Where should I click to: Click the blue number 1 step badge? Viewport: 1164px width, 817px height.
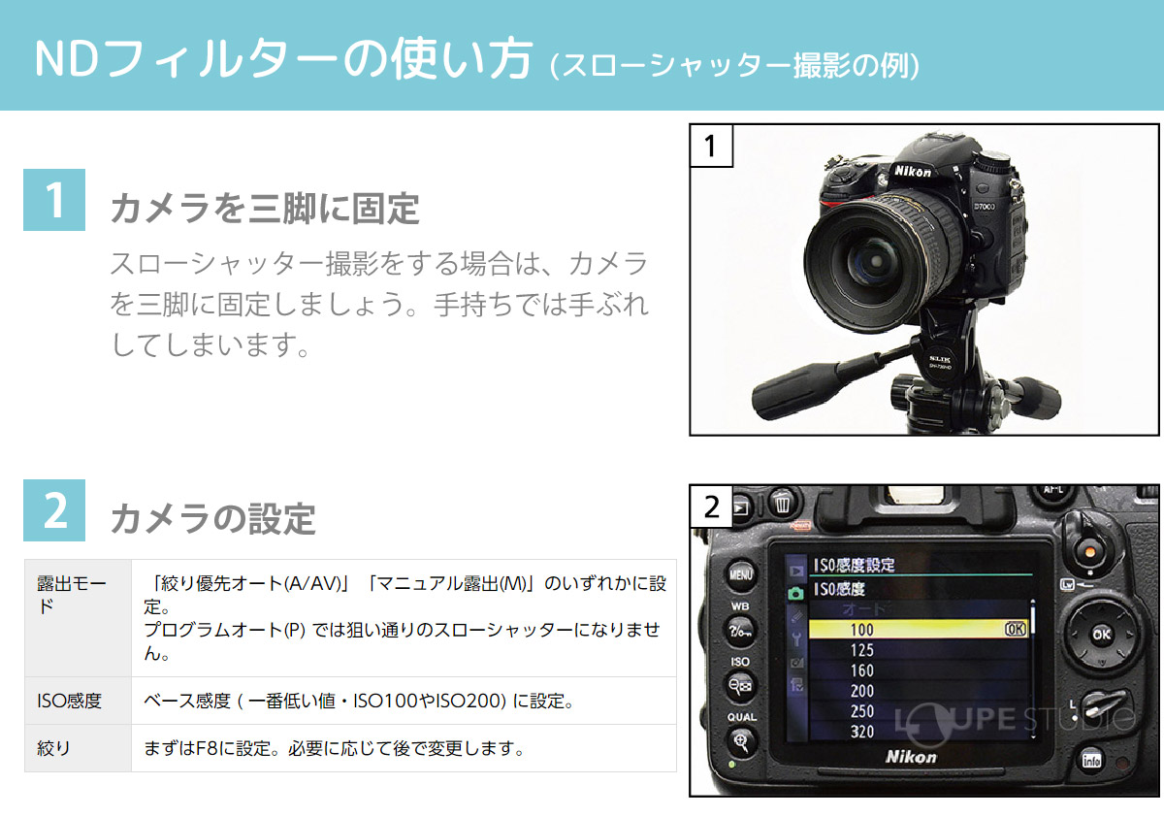pyautogui.click(x=54, y=200)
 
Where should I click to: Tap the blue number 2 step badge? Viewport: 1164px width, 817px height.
pyautogui.click(x=54, y=510)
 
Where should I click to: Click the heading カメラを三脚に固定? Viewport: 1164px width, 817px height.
pyautogui.click(x=265, y=209)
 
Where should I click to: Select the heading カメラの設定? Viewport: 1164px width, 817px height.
pyautogui.click(x=213, y=519)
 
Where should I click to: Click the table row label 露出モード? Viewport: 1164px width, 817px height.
pyautogui.click(x=71, y=595)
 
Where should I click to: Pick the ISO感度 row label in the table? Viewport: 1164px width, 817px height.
pyautogui.click(x=69, y=701)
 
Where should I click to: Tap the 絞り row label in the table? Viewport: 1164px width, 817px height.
pyautogui.click(x=53, y=748)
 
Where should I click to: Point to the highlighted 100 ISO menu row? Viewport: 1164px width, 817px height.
pyautogui.click(x=919, y=629)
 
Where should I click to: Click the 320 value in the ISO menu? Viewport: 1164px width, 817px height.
pyautogui.click(x=861, y=732)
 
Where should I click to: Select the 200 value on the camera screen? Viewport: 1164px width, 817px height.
pyautogui.click(x=861, y=691)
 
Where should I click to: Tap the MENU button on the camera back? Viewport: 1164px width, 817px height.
pyautogui.click(x=740, y=574)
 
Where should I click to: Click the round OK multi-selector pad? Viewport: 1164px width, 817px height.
pyautogui.click(x=1101, y=635)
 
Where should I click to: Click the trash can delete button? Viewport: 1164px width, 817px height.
pyautogui.click(x=783, y=503)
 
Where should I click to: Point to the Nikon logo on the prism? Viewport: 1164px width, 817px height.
pyautogui.click(x=912, y=171)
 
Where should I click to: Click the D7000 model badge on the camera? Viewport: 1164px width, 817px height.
pyautogui.click(x=985, y=207)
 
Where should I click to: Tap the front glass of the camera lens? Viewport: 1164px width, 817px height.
pyautogui.click(x=872, y=258)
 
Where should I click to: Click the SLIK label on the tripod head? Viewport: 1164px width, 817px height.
pyautogui.click(x=940, y=359)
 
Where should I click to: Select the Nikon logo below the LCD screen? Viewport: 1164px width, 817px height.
pyautogui.click(x=911, y=756)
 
